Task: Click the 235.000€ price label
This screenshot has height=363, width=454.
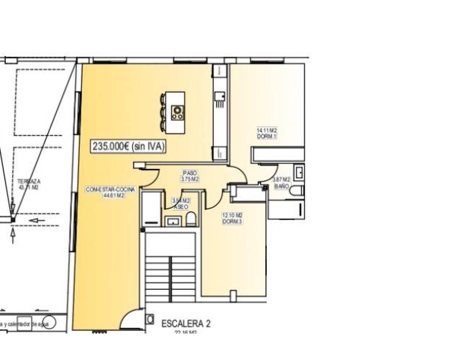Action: coord(129,146)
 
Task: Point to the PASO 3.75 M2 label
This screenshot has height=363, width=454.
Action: coord(190,176)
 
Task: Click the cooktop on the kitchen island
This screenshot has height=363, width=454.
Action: coord(177,113)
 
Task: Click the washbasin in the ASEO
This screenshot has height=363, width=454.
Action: coord(173,222)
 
